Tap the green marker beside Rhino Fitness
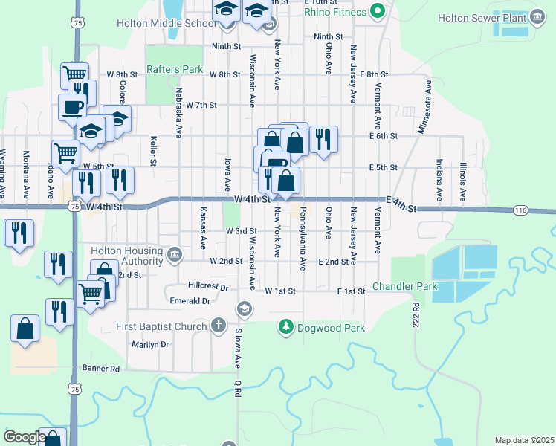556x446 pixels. coord(378,11)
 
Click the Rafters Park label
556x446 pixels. coord(175,69)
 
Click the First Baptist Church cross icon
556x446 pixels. coord(218,325)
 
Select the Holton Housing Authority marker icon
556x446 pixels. coord(174,255)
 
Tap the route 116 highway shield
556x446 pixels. coord(520,211)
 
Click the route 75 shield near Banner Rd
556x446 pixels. coord(73,388)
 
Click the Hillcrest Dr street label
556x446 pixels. coord(208,285)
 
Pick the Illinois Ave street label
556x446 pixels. coord(462,181)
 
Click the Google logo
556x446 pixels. coord(24,436)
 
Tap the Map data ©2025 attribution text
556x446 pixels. coord(524,440)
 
